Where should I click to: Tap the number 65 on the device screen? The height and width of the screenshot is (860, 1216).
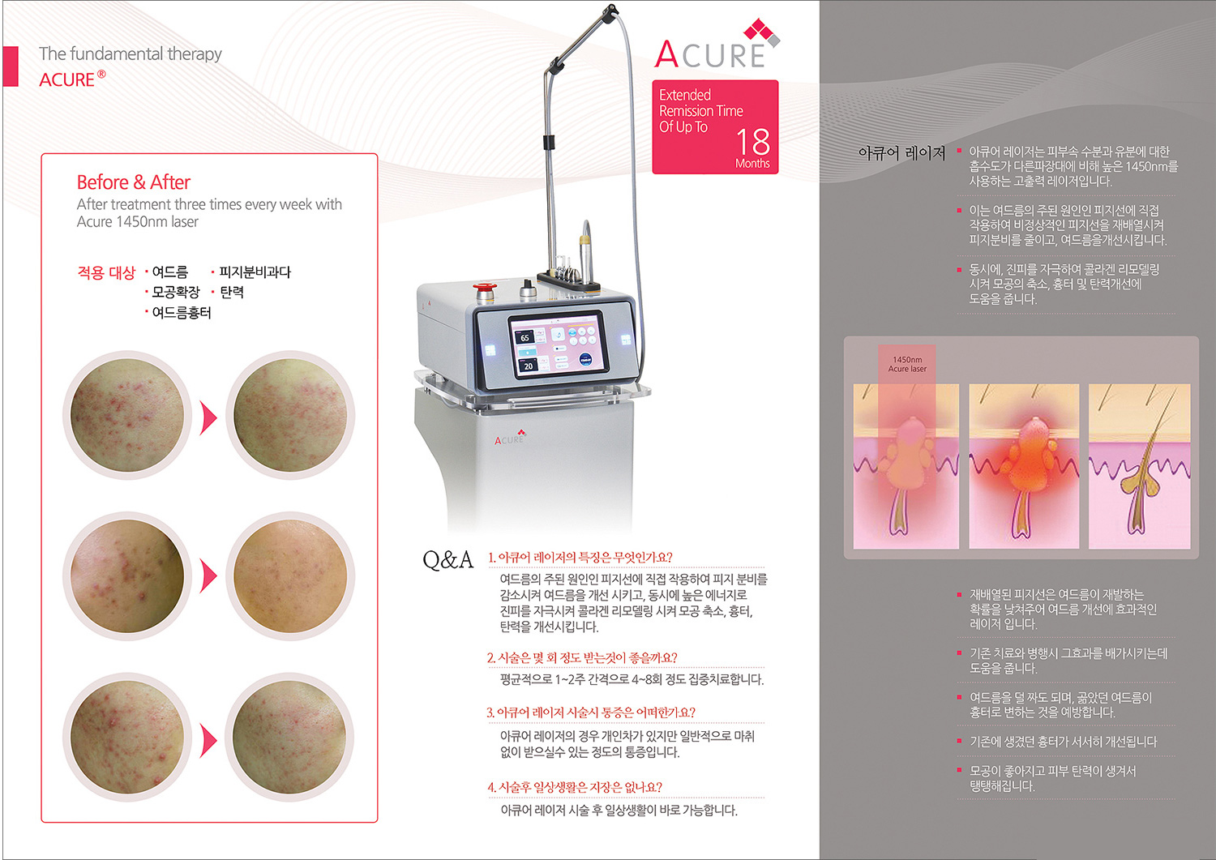point(525,338)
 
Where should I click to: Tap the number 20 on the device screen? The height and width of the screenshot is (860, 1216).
point(529,366)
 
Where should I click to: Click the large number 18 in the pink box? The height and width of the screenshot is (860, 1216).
point(753,142)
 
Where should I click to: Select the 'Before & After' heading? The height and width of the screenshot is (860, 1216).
point(134,182)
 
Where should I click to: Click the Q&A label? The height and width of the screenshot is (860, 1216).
point(447,560)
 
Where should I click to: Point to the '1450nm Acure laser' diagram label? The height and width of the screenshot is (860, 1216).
point(907,364)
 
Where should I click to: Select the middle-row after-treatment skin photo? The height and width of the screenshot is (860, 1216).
point(290,576)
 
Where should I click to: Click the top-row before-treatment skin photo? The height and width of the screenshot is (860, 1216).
point(127,415)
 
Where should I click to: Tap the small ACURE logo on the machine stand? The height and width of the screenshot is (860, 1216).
point(510,438)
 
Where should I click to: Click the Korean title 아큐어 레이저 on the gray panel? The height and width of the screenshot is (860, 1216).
point(901,154)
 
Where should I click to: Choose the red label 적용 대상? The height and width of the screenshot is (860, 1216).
point(106,272)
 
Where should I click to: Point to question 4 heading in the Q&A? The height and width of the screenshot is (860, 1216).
point(574,787)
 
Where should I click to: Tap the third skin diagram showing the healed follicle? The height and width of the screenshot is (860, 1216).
point(1140,466)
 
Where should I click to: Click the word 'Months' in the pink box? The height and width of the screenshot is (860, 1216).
point(752,164)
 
